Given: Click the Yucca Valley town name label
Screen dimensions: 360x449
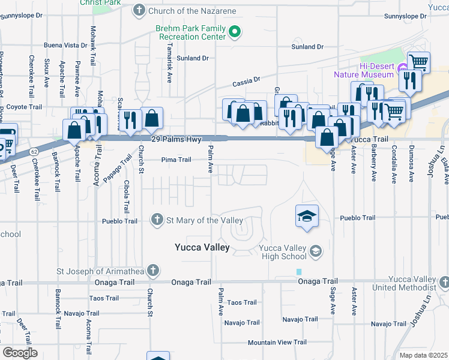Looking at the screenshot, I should (x=202, y=247).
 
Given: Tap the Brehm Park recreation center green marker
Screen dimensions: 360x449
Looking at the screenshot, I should (x=236, y=32).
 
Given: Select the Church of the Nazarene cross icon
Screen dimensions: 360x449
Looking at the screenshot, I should (x=139, y=10).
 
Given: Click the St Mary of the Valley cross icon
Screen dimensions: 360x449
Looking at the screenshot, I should (x=158, y=220).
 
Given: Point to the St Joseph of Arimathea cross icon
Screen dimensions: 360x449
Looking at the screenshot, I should (x=153, y=270).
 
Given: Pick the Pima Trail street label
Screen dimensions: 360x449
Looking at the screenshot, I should (x=176, y=160).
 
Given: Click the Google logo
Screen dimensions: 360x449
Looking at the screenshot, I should (x=19, y=353).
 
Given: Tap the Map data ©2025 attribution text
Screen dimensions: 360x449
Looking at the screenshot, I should (x=424, y=355).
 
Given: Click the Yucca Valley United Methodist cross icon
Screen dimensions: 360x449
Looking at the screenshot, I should (x=444, y=281).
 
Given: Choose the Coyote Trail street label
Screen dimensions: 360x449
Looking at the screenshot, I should (x=25, y=107).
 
